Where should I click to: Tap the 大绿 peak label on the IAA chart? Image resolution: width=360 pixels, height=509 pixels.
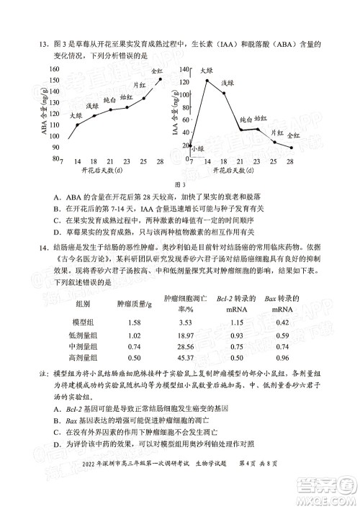(x=206, y=71)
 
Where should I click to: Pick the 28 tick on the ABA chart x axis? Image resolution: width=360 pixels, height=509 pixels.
(x=159, y=161)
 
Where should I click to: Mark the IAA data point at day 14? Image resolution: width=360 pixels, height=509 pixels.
(x=207, y=81)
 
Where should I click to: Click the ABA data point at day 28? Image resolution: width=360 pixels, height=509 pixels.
(x=159, y=79)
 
